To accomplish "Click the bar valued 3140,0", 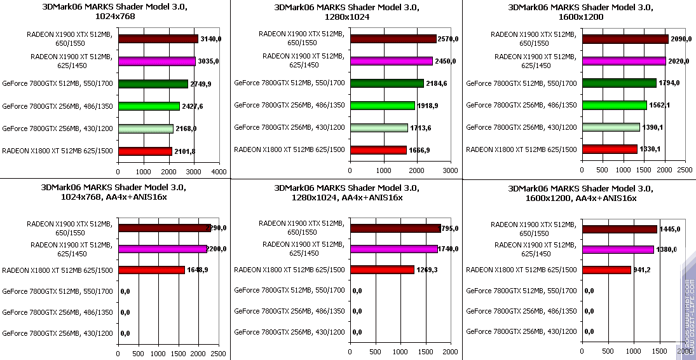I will point(158,39).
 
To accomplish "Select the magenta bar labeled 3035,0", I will point(156,61).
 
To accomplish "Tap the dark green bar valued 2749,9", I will point(153,84).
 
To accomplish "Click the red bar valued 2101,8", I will point(144,151).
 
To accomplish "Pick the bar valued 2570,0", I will point(393,39).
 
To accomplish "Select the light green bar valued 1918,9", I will point(382,106).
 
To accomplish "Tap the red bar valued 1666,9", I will point(378,150).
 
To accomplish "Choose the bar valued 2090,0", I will point(625,39).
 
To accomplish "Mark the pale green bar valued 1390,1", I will point(610,127).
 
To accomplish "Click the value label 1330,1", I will point(651,149).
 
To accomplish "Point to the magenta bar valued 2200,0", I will point(162,249).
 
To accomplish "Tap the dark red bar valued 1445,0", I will point(619,229).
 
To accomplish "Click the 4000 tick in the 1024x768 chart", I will point(219,172).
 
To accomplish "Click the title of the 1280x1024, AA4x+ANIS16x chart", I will point(346,193).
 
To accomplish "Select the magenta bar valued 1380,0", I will point(618,249).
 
